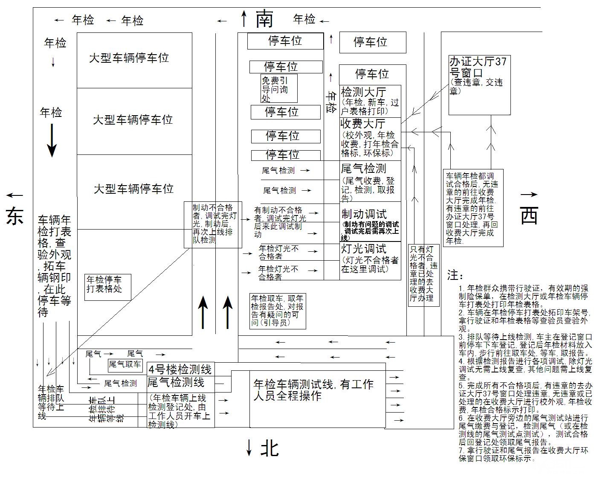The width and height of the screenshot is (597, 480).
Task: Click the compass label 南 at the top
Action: point(264,19)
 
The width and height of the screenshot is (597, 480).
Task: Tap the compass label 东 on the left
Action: point(14,216)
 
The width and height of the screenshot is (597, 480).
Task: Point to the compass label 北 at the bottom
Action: point(270,448)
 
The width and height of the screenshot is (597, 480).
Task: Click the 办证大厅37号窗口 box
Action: point(479,85)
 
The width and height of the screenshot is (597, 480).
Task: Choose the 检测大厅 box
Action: point(370,101)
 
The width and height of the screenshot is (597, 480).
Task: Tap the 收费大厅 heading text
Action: point(363,124)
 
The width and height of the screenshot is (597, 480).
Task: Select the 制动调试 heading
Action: point(364,214)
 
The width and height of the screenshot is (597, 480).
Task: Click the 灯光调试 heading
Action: point(363,249)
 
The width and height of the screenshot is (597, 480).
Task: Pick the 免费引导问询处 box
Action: point(279,89)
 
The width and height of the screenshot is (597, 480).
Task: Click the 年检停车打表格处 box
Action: point(107,287)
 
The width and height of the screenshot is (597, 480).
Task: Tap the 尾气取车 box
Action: point(125,364)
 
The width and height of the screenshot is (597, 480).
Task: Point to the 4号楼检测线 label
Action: point(180,369)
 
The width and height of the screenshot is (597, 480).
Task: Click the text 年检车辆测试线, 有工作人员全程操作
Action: point(313,390)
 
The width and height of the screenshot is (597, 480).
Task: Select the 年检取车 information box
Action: point(278,311)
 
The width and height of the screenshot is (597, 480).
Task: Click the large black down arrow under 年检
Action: point(52,140)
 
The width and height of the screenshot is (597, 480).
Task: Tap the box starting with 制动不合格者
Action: point(213,224)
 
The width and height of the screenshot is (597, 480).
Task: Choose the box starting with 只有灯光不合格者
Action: point(423,273)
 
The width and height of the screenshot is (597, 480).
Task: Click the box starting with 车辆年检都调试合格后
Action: point(473,208)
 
